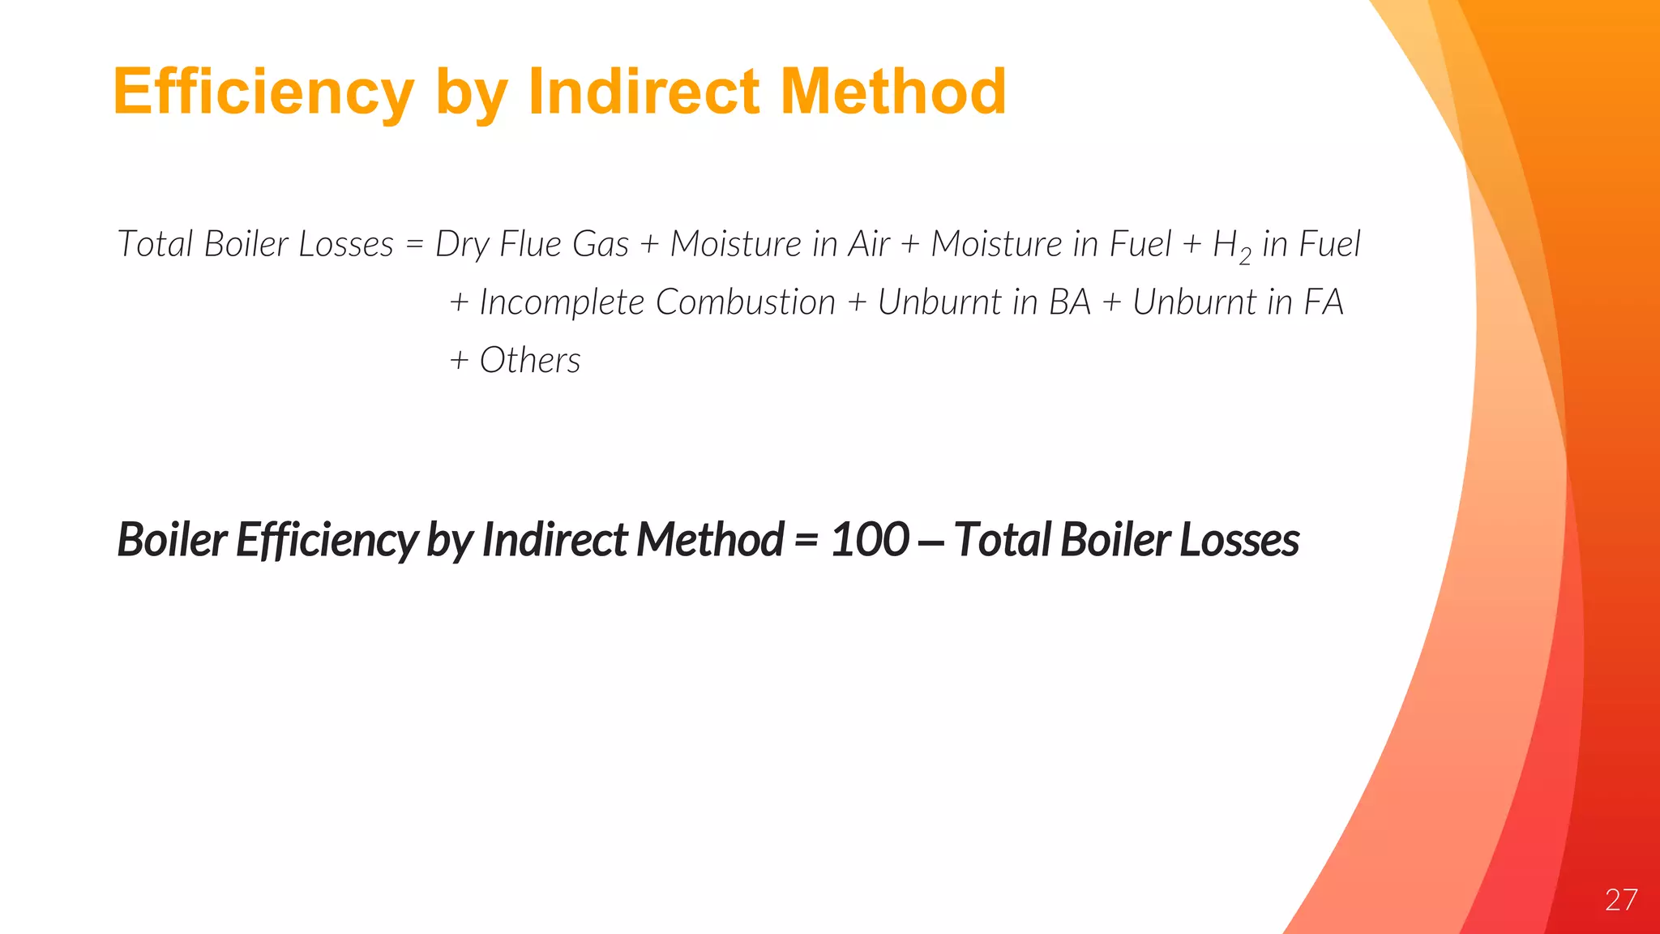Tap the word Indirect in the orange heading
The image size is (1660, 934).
click(644, 92)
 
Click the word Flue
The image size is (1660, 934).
click(530, 244)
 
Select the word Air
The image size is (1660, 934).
click(869, 244)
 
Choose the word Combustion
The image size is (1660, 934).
click(745, 302)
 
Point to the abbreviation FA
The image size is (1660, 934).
click(1323, 302)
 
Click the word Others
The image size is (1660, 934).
click(530, 361)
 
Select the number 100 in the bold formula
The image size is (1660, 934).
click(870, 540)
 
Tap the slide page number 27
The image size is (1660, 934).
click(1620, 900)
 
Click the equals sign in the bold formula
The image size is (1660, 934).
click(806, 541)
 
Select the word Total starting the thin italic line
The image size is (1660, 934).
click(154, 244)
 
